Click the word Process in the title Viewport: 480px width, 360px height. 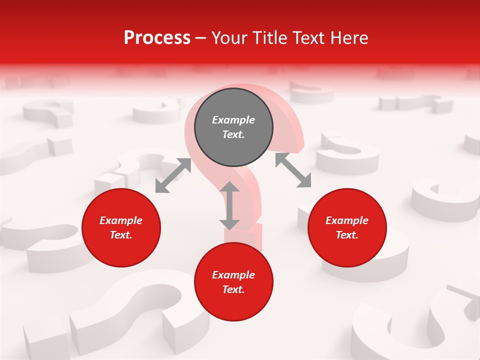coord(157,38)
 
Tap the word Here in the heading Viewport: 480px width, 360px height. coord(349,38)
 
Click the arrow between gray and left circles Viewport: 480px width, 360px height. coord(173,175)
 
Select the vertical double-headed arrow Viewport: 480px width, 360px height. coord(229,205)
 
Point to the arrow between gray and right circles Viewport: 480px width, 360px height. coord(293,170)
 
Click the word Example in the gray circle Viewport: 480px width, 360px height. coord(233,120)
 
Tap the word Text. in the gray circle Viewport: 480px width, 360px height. coord(233,134)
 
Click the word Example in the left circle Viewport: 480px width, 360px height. coord(121,220)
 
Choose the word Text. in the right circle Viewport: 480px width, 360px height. coord(347,235)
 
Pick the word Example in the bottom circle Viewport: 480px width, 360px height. coord(233,275)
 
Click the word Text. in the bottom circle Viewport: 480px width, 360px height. coord(233,289)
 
